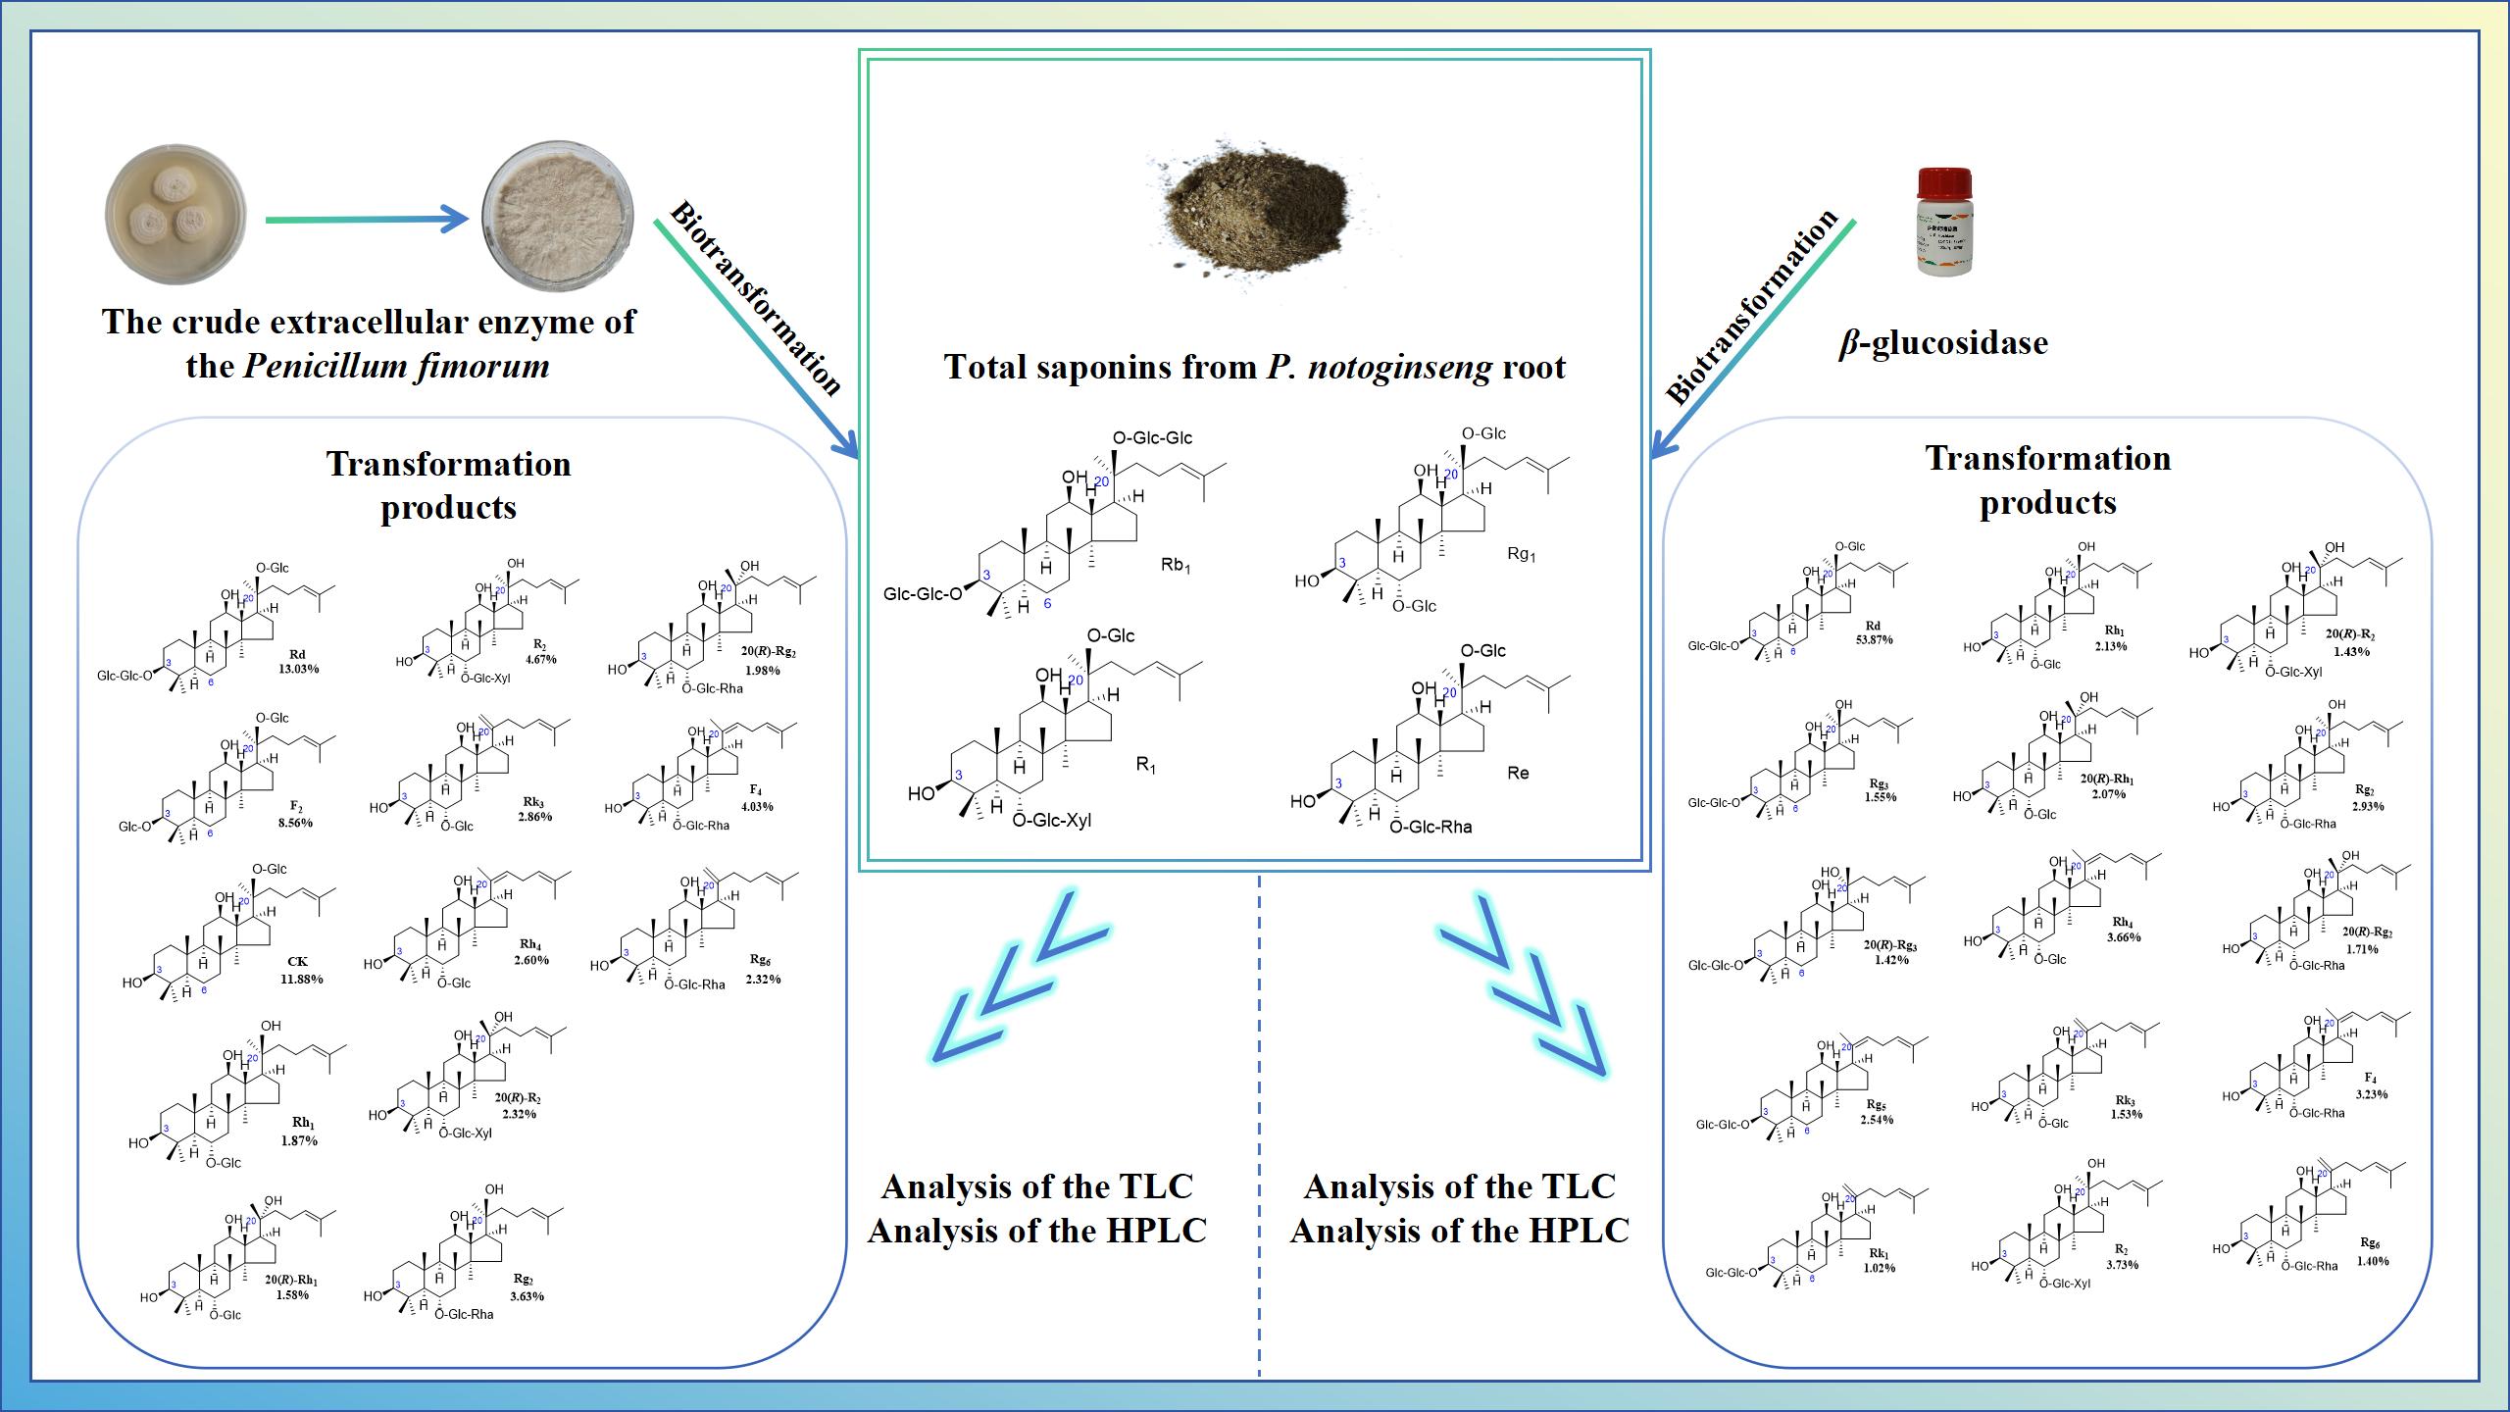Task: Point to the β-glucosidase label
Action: click(1942, 343)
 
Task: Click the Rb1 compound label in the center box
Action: click(1174, 567)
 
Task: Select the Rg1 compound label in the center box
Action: click(1521, 555)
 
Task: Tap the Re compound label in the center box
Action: click(1518, 773)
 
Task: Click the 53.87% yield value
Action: click(1874, 640)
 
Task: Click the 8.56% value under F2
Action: click(295, 823)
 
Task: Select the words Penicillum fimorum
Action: click(396, 367)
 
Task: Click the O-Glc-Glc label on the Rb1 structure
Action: click(1153, 438)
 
